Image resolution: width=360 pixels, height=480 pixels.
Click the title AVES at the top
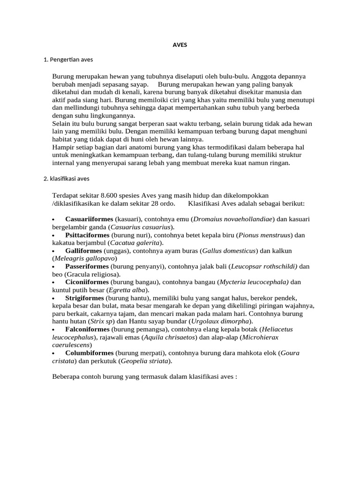click(x=180, y=45)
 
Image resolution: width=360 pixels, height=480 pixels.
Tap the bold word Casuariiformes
click(x=89, y=219)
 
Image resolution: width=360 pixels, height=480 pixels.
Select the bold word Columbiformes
click(x=89, y=352)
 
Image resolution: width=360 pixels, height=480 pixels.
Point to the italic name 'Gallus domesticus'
click(x=229, y=251)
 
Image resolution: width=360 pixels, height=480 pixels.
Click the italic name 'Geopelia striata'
click(x=145, y=361)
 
